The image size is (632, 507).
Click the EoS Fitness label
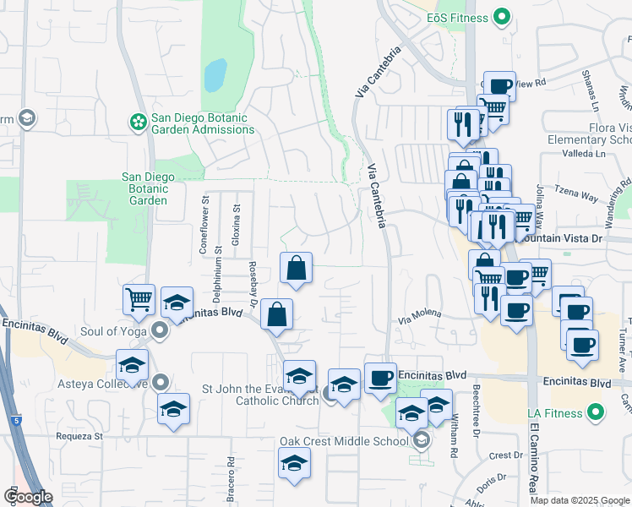[x=457, y=17]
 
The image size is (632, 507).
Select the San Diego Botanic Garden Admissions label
[x=203, y=123]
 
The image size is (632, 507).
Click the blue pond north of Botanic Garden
[x=215, y=75]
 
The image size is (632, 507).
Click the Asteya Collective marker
[x=161, y=383]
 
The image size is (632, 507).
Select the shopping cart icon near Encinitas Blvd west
[x=139, y=299]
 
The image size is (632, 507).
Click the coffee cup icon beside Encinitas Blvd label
[x=380, y=376]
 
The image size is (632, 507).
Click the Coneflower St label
[x=204, y=225]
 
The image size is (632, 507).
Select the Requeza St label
[x=74, y=437]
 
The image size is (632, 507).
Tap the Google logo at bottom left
[x=28, y=497]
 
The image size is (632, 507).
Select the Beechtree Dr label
[x=477, y=410]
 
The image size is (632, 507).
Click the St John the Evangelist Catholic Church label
[x=259, y=395]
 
